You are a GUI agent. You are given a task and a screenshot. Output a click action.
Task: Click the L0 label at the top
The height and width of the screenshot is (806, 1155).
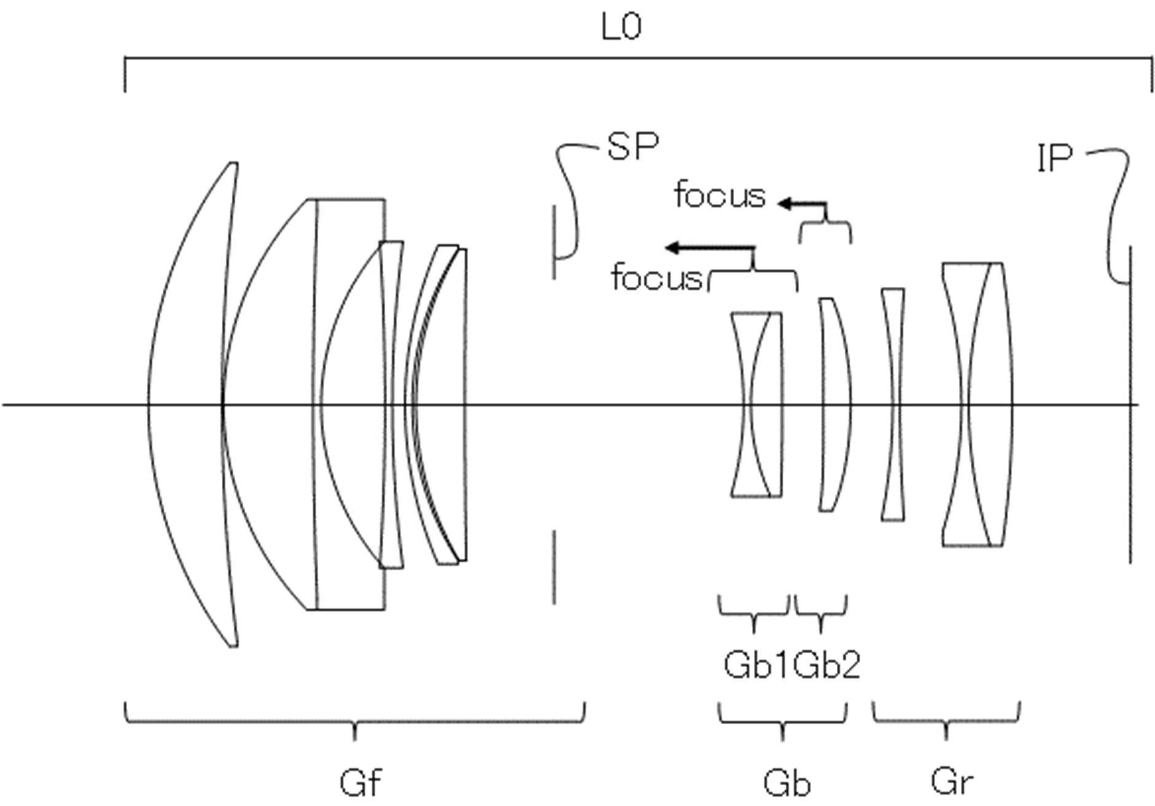pos(621,28)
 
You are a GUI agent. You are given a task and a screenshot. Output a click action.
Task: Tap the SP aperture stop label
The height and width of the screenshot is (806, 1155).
pos(632,147)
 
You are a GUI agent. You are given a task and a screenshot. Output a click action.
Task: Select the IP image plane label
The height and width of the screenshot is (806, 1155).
pos(1054,158)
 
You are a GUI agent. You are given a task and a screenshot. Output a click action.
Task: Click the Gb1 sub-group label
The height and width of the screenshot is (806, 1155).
pos(755,665)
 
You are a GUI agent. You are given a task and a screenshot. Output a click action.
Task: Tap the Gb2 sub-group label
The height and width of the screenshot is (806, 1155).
pos(827,665)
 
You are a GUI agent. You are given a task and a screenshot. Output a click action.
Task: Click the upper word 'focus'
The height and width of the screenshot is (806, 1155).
pos(719,195)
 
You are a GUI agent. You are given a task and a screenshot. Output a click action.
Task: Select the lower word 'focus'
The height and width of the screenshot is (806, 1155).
pos(657,278)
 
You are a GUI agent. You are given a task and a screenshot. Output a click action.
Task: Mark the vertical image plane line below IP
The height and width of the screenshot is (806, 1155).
pos(1130,430)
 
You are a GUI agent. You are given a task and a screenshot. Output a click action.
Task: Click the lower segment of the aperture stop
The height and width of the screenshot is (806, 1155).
pos(554,566)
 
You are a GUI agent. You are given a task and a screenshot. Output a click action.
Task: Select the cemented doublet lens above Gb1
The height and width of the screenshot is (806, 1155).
pos(757,404)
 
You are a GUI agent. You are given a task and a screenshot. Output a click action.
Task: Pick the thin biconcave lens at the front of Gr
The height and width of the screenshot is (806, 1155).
pos(893,404)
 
